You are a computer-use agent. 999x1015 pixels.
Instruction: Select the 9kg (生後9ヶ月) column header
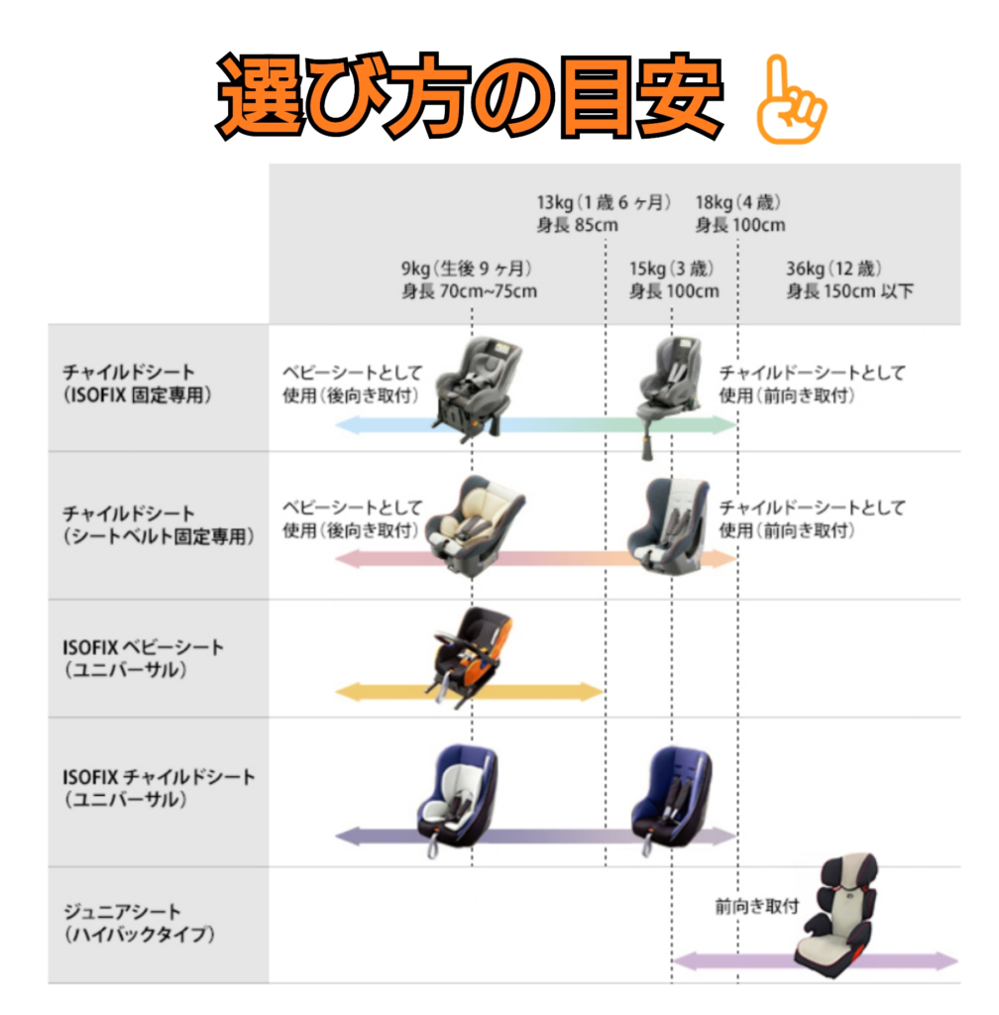(x=469, y=279)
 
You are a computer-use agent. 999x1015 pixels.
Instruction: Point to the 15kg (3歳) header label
(x=674, y=279)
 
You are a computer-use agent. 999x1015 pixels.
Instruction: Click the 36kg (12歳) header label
(x=849, y=279)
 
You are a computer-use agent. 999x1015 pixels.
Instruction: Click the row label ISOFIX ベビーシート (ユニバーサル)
(x=143, y=658)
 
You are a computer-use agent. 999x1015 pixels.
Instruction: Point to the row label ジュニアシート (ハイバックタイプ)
(x=138, y=922)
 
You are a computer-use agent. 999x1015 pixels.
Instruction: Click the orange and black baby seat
(x=467, y=655)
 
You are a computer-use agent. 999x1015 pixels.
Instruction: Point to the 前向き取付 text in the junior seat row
(x=756, y=906)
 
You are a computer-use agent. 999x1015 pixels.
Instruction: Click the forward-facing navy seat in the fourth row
(x=673, y=799)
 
